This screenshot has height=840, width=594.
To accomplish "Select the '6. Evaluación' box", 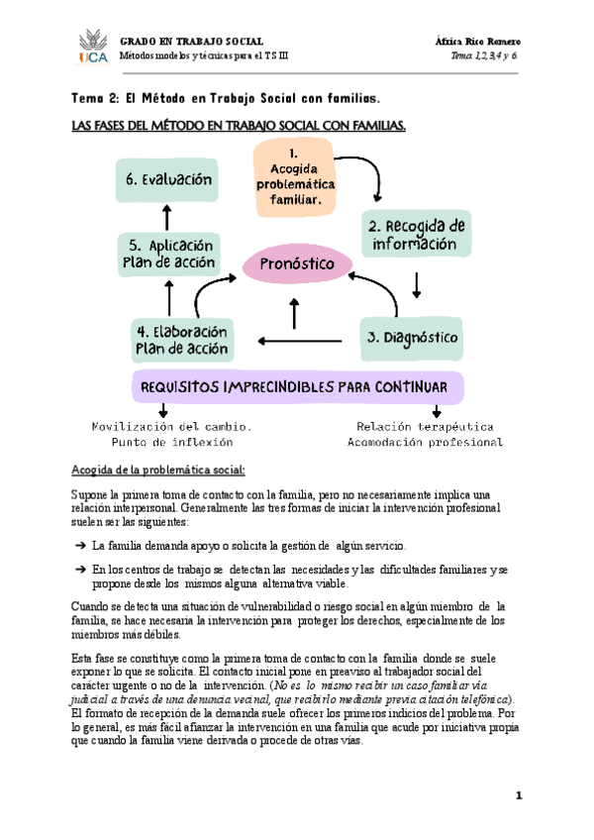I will pyautogui.click(x=170, y=180).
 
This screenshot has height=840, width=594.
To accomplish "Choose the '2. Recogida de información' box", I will pyautogui.click(x=414, y=235).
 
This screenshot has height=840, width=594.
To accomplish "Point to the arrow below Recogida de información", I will pyautogui.click(x=416, y=284).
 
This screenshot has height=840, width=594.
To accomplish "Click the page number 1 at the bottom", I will pyautogui.click(x=518, y=795).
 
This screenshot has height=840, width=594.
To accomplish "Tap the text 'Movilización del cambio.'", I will pyautogui.click(x=172, y=427).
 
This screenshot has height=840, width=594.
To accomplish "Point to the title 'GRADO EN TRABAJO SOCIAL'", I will pyautogui.click(x=192, y=40).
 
